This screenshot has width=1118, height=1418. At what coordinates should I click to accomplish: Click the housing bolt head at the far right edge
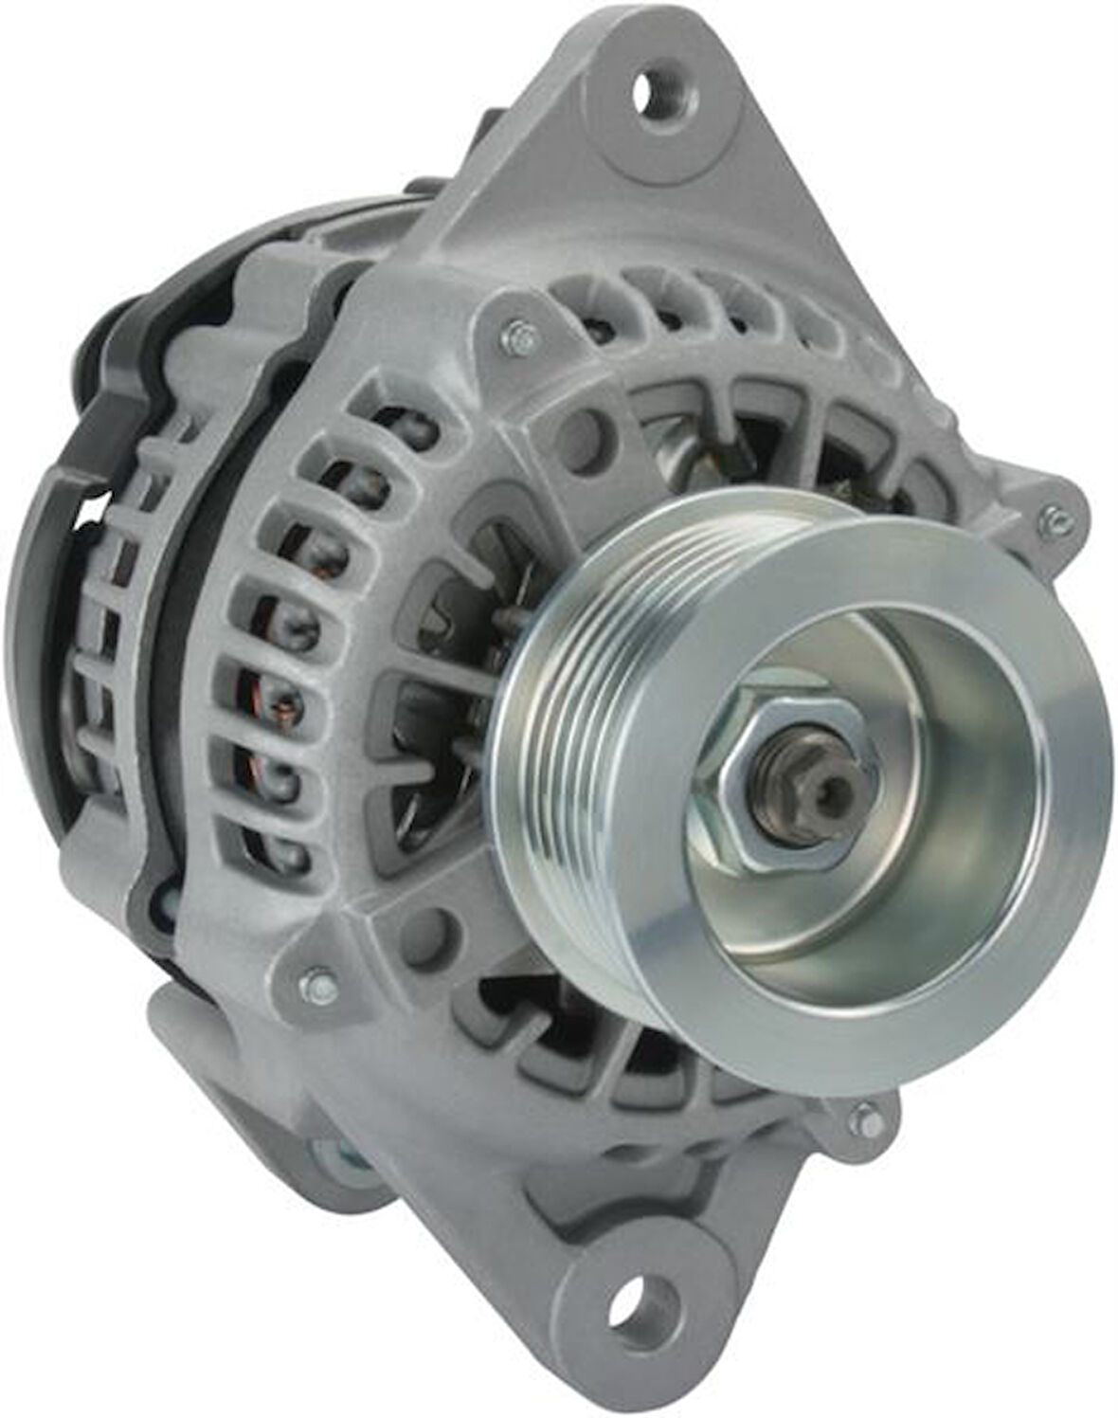tap(1050, 516)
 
